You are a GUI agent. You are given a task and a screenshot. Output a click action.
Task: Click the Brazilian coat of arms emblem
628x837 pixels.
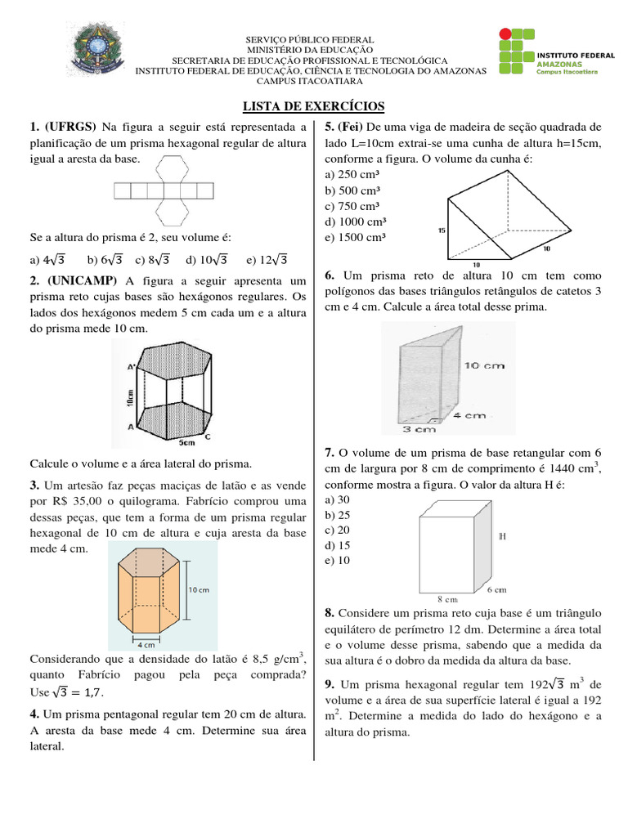pos(101,54)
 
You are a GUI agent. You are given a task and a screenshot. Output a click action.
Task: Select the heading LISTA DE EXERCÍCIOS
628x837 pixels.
pos(314,107)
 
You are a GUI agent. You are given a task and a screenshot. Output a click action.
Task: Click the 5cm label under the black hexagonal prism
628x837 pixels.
pos(186,442)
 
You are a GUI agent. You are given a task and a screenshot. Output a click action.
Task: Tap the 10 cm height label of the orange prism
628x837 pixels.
pos(200,589)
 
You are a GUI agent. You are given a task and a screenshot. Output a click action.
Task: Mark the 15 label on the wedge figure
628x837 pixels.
pos(442,231)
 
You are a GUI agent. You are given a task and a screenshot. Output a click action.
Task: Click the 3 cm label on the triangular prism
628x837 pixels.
pos(419,427)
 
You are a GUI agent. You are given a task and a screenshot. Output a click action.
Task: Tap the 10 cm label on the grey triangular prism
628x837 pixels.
pos(484,365)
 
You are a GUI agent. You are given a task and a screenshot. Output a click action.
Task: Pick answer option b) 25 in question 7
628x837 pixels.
pos(338,515)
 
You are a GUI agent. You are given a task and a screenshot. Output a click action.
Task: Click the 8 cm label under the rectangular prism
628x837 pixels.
pos(446,598)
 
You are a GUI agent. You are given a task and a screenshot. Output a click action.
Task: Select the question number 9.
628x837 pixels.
pos(329,683)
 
